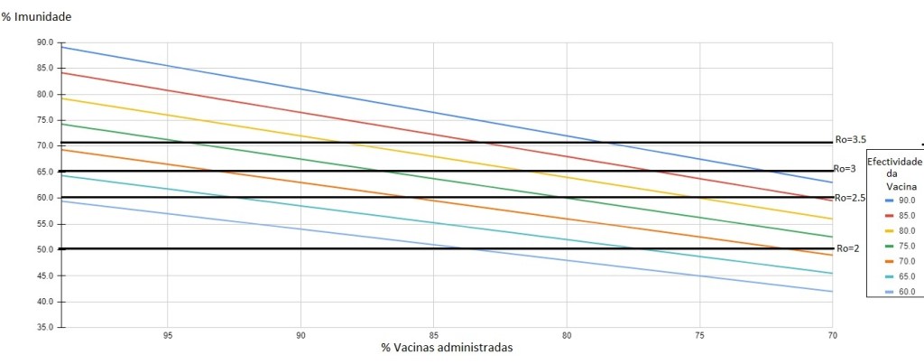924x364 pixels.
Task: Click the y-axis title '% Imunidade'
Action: tap(36, 17)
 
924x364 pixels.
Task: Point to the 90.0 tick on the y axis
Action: tap(45, 42)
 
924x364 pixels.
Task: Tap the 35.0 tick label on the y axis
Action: tap(45, 327)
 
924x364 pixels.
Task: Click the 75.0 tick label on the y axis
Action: tap(45, 120)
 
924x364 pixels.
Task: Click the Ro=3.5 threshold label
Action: tap(852, 139)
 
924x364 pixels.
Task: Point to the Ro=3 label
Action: tap(845, 168)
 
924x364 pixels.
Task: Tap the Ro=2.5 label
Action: tap(851, 198)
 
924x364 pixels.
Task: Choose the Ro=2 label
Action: tap(845, 248)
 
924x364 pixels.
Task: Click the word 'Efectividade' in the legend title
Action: tap(894, 161)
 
